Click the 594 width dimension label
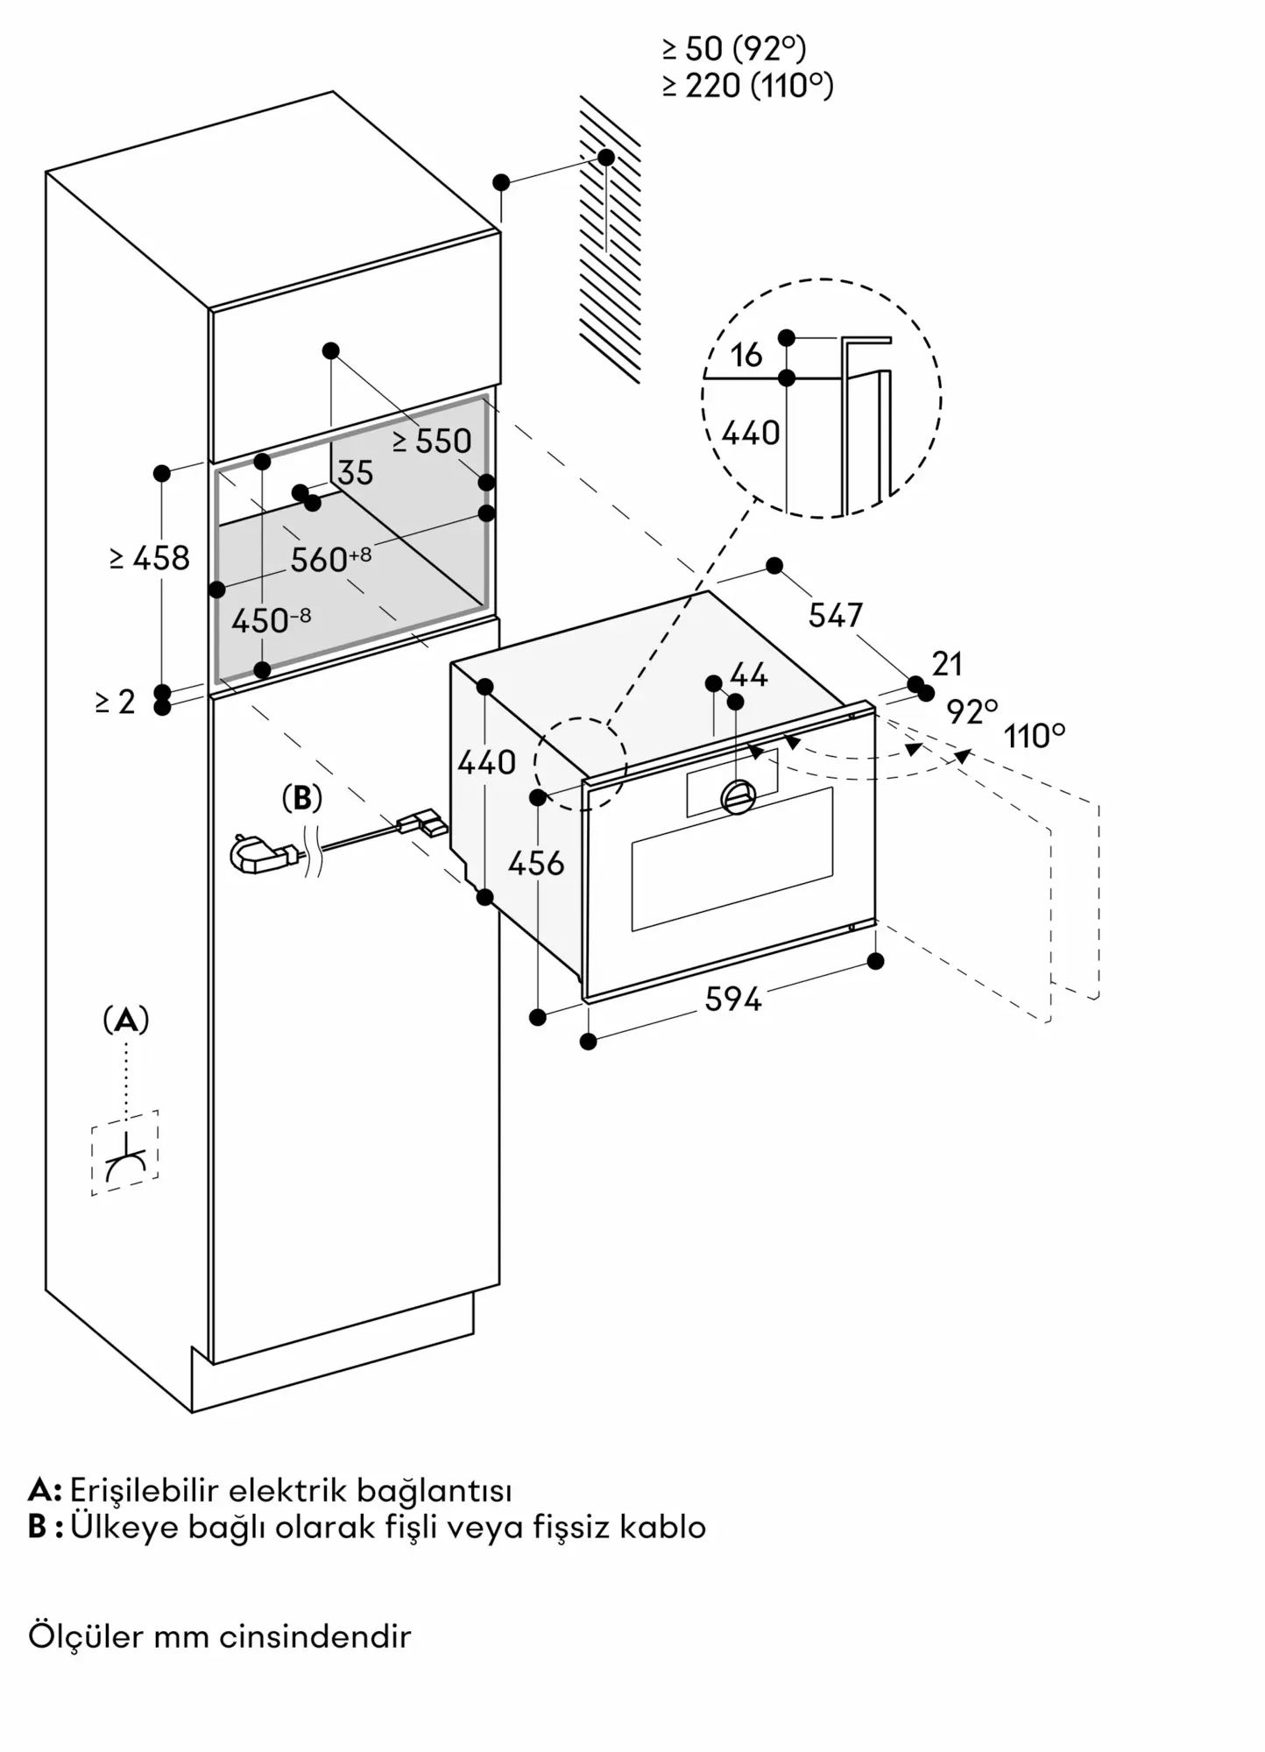tap(733, 999)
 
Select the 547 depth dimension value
tap(835, 615)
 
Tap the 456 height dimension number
tap(536, 864)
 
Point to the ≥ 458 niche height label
tap(150, 558)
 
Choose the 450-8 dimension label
tap(271, 620)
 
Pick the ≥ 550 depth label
tap(432, 441)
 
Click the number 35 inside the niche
tap(356, 473)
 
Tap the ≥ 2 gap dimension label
tap(116, 702)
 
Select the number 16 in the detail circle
tap(746, 355)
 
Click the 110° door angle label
tap(1035, 736)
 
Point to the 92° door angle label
tap(972, 711)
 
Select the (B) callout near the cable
tap(301, 798)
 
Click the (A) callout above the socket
tap(126, 1020)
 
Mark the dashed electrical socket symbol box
tap(125, 1153)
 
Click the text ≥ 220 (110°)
tap(747, 86)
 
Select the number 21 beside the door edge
tap(947, 664)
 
